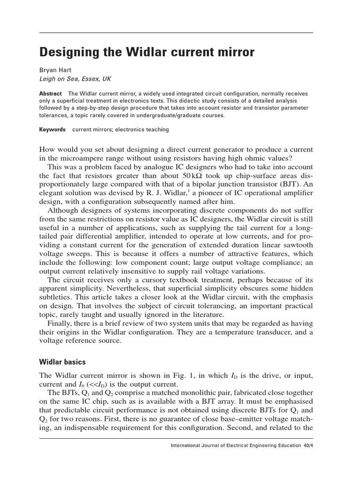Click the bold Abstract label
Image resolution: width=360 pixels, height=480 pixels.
coord(50,93)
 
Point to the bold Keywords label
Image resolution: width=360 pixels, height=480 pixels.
coord(52,129)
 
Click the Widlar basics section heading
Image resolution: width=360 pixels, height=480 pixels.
coord(62,362)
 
